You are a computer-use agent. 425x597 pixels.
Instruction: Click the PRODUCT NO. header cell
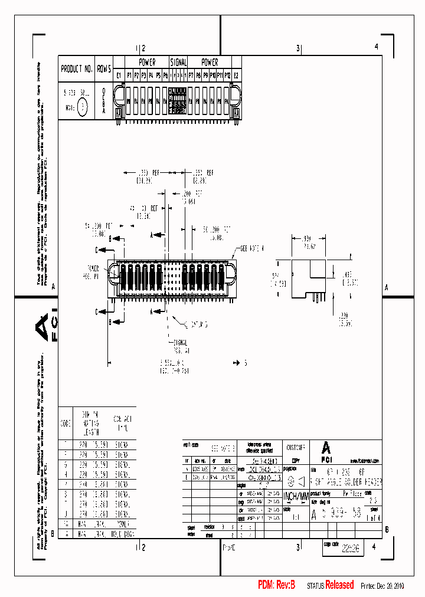(x=76, y=69)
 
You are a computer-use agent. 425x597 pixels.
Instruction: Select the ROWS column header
(x=104, y=69)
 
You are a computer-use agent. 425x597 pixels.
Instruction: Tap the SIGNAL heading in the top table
(x=178, y=62)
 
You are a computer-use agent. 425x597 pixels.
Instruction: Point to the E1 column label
(x=119, y=76)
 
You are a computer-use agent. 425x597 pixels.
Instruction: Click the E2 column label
(x=236, y=76)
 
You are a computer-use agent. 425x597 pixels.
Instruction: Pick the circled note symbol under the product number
(x=83, y=107)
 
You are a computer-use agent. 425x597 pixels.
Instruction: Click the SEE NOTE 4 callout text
(x=251, y=248)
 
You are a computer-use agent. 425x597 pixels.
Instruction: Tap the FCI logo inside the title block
(x=326, y=450)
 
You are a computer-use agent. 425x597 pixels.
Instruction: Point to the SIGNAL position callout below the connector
(x=180, y=346)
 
